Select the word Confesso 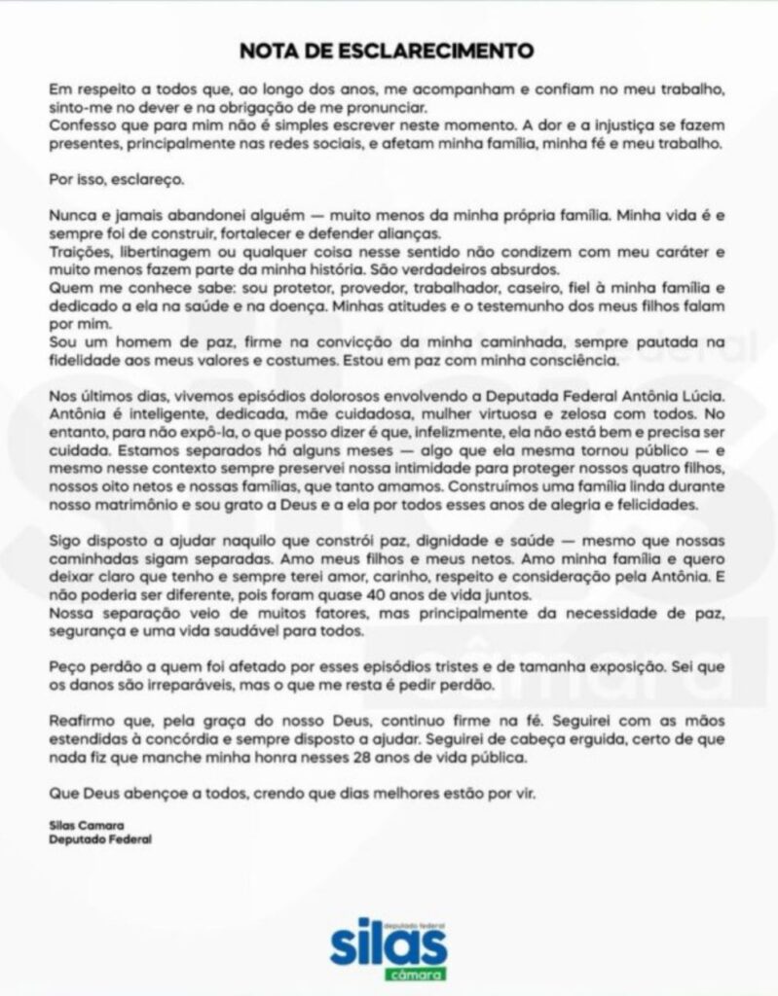81,124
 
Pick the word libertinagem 167,252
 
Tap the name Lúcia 704,396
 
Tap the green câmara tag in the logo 415,974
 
